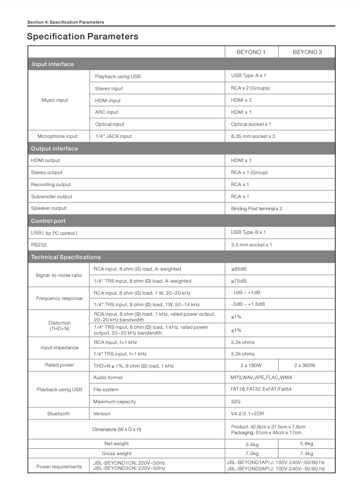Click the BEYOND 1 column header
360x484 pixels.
251,52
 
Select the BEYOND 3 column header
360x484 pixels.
307,52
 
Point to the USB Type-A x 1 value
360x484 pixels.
248,76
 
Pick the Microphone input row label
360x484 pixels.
57,136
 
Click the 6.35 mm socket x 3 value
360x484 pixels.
253,136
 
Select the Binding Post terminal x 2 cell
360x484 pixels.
257,209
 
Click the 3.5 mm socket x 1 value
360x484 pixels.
252,245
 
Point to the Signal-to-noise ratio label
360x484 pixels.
59,275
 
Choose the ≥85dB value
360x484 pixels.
239,269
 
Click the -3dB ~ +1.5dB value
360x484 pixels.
248,305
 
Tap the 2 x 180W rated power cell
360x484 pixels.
251,365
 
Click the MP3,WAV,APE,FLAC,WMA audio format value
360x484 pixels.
261,378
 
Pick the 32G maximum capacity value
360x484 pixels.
236,402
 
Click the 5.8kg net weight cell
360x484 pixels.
307,444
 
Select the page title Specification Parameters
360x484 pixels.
83,37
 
